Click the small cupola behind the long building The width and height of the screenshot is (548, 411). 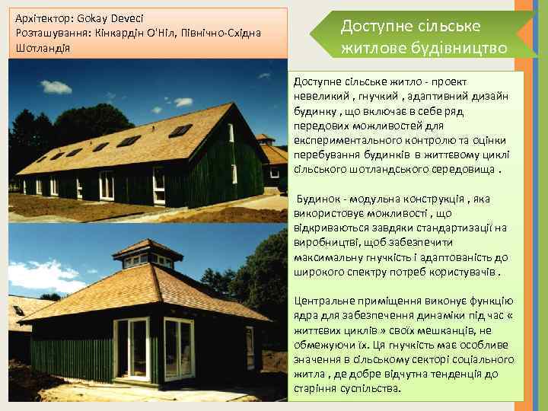tap(264, 139)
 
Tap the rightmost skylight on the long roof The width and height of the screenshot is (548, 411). tap(180, 130)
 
